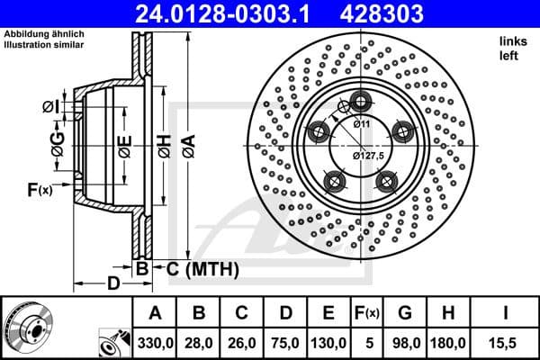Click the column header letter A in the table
(154, 313)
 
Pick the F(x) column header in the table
(368, 313)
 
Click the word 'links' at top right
(510, 41)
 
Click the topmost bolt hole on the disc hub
(361, 101)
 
